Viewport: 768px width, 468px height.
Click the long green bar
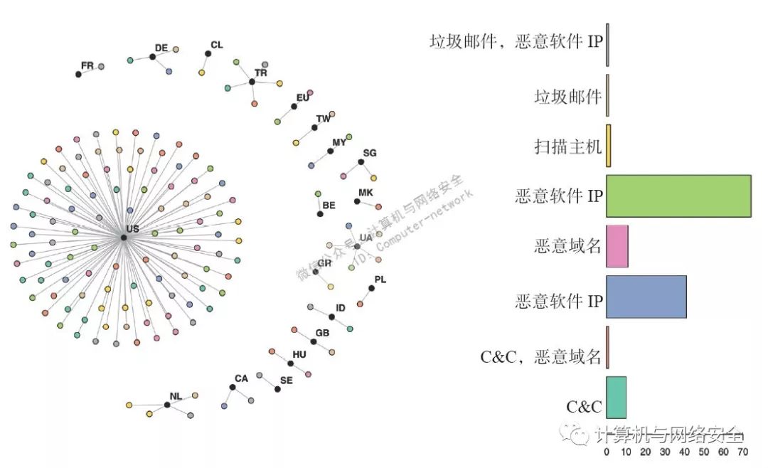point(678,196)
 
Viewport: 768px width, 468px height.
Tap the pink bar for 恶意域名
point(617,246)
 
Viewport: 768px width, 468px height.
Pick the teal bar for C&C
point(616,398)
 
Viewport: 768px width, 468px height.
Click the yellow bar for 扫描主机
point(609,146)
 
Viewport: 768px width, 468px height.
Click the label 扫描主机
point(568,147)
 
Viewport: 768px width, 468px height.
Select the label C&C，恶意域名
point(541,357)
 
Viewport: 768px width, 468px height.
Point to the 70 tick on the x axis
point(742,451)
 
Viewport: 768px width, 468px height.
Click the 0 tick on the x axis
point(607,451)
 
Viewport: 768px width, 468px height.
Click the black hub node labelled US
point(124,237)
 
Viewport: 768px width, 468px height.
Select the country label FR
point(87,65)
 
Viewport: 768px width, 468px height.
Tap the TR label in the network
point(261,73)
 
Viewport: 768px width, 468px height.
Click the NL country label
point(176,395)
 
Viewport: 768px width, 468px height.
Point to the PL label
point(380,280)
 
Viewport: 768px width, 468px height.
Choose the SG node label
point(370,153)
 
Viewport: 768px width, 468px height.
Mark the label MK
point(366,193)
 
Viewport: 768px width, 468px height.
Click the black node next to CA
point(232,387)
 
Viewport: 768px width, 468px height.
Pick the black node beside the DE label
point(152,57)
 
